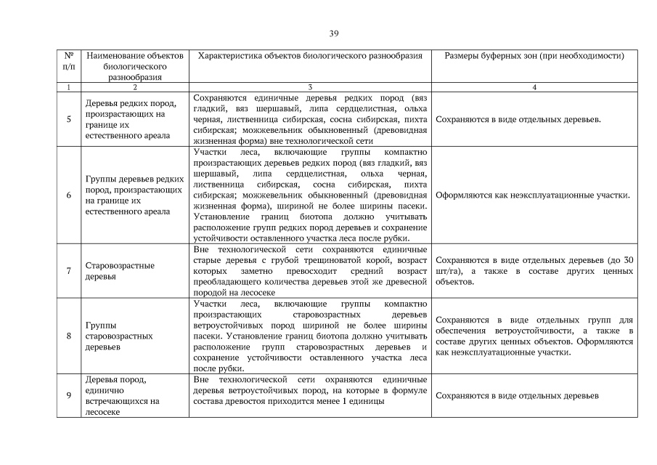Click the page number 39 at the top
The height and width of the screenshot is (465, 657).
[x=333, y=33]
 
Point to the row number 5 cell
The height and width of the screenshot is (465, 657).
[x=68, y=119]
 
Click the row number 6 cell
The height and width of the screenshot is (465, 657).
[x=68, y=195]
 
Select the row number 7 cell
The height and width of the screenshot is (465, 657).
[x=68, y=271]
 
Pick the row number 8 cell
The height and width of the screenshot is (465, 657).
[x=68, y=336]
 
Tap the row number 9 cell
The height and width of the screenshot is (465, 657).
[x=68, y=395]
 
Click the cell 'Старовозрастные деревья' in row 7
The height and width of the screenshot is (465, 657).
[x=120, y=271]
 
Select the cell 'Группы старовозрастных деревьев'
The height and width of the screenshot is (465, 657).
[x=119, y=336]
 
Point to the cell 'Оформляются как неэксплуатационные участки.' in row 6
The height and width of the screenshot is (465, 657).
[x=531, y=195]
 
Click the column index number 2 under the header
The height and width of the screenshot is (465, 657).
[x=134, y=86]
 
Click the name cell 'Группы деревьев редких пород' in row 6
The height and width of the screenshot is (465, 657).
[x=134, y=195]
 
